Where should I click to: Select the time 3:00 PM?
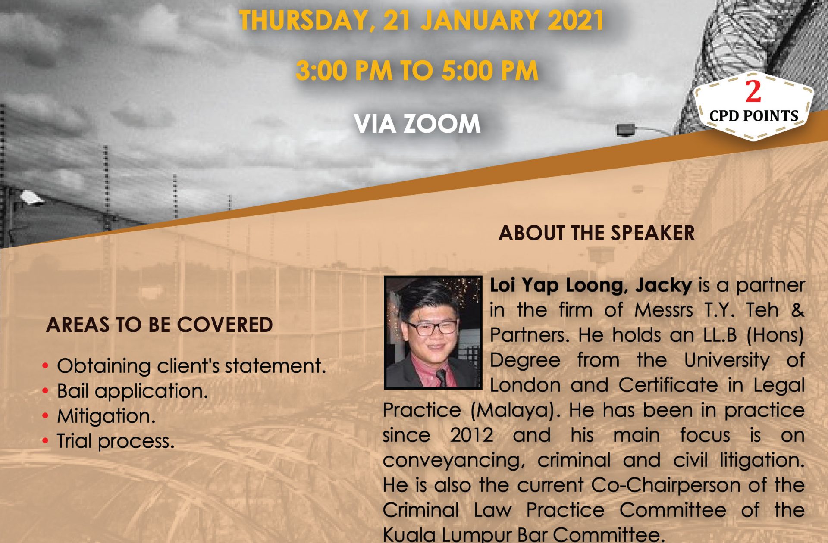coord(344,71)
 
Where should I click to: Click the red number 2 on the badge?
coord(753,91)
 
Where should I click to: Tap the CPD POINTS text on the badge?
coord(754,116)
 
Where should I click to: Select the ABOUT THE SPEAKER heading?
coord(596,233)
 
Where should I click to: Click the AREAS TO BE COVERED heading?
coord(159,325)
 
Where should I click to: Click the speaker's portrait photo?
coord(433,333)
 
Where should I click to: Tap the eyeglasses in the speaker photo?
coord(431,328)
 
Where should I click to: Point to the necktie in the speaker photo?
coord(441,378)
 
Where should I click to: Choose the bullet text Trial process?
coord(116,441)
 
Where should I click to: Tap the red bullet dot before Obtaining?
coord(46,366)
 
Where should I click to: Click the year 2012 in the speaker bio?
coord(471,435)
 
